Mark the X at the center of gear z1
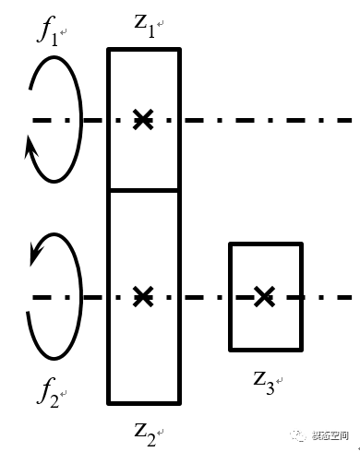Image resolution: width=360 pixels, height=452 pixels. [x=142, y=119]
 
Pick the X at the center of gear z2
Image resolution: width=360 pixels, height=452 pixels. [x=142, y=296]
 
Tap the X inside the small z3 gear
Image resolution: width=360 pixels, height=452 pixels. [x=265, y=296]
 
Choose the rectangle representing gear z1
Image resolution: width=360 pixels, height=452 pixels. [x=143, y=83]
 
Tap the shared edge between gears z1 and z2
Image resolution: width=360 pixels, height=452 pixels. [x=143, y=190]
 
